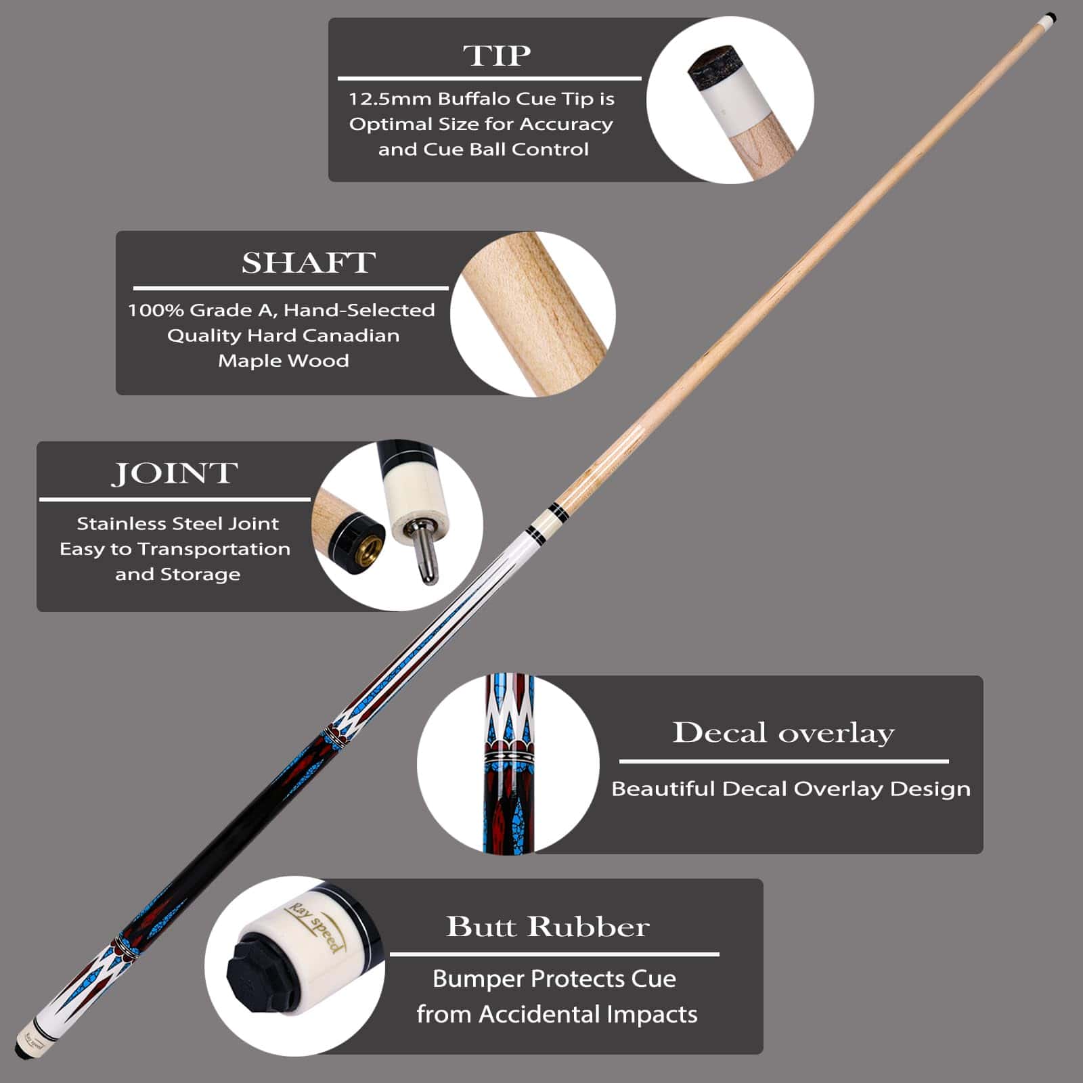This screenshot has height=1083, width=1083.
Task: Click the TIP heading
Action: click(497, 56)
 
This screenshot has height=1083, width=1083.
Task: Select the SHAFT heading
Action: click(309, 263)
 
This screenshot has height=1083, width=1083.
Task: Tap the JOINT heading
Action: click(175, 473)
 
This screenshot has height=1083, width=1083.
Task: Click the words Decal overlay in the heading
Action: click(783, 732)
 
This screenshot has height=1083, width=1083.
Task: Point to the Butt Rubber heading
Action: click(548, 927)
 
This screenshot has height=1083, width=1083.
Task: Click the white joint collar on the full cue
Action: click(546, 523)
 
